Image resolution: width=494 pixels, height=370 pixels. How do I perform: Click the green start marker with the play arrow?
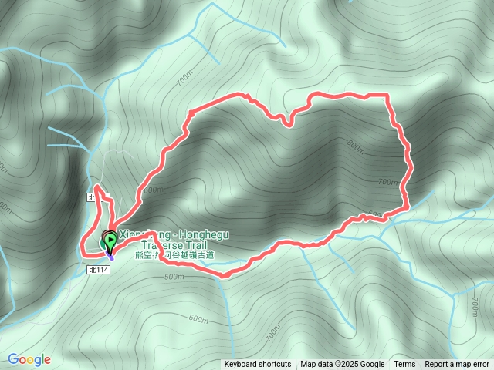pos(110,240)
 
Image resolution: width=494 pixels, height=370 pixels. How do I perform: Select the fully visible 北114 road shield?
pos(100,270)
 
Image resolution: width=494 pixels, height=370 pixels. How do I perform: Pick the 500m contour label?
pos(174,276)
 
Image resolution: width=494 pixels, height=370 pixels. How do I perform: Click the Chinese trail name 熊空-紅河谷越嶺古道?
pos(174,254)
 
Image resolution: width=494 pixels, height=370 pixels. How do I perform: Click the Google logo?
pos(29,359)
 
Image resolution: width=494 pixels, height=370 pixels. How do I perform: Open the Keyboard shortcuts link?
pos(258,365)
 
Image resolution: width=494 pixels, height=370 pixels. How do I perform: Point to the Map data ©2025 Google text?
pos(343,365)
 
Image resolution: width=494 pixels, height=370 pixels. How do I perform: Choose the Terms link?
pos(404,365)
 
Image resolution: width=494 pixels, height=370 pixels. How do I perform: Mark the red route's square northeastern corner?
pos(386,95)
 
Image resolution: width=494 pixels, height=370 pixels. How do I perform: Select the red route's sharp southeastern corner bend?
pos(407,207)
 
